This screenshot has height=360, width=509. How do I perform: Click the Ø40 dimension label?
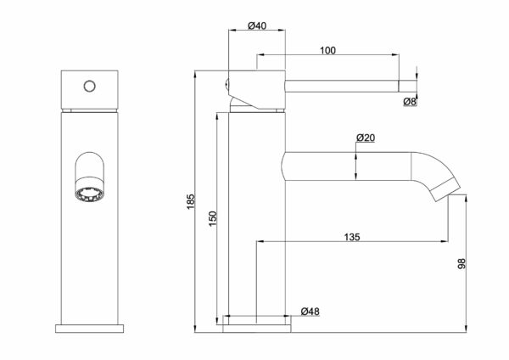(257, 25)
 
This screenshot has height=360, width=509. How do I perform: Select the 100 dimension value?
(327, 51)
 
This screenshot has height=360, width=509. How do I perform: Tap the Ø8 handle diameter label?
(410, 102)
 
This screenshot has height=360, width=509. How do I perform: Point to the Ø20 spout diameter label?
(366, 138)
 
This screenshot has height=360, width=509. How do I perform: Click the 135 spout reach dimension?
(352, 237)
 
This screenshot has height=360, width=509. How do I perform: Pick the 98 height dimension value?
(461, 263)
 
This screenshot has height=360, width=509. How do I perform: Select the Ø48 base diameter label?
(310, 312)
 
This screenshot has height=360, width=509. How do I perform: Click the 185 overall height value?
(191, 201)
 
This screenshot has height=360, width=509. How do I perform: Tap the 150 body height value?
(213, 219)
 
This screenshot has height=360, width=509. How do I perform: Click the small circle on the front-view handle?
(90, 86)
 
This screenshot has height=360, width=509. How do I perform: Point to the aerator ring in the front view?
(90, 195)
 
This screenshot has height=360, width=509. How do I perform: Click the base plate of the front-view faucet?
(90, 329)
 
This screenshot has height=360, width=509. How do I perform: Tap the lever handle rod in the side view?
(342, 86)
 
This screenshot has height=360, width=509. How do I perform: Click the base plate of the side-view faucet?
(257, 329)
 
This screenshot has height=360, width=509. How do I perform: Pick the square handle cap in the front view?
(90, 88)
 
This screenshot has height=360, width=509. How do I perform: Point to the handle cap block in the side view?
(257, 89)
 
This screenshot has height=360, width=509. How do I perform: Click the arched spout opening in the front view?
(90, 166)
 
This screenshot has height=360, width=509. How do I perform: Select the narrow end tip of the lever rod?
(407, 86)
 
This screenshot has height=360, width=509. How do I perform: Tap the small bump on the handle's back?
(227, 85)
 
